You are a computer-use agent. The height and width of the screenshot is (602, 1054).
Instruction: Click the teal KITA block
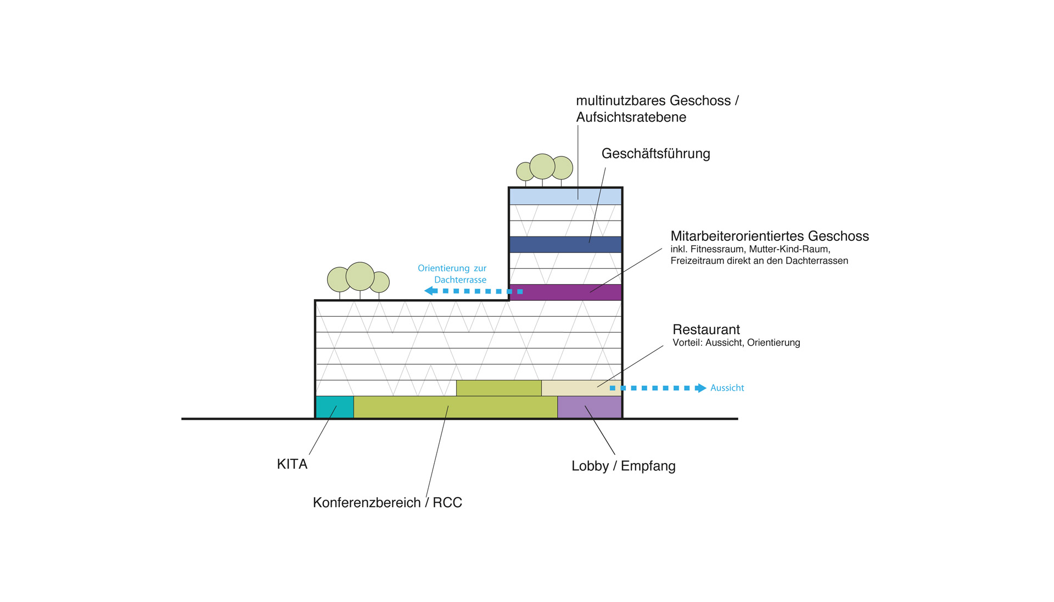point(334,407)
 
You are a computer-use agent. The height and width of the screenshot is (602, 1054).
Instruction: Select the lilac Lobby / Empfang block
point(589,407)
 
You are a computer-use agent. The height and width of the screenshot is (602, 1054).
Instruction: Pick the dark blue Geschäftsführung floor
point(565,244)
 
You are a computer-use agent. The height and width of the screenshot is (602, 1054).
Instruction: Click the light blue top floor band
point(565,196)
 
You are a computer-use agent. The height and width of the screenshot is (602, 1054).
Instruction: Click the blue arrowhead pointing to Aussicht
point(700,388)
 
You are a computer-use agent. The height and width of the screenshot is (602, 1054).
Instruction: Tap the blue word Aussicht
point(727,388)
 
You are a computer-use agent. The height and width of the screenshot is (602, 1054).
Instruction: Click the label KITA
point(292,464)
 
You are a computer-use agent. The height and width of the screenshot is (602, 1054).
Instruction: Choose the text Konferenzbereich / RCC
point(387,503)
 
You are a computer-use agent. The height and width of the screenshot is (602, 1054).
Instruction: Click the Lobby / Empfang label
point(623,466)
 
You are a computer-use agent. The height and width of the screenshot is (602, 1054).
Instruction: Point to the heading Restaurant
point(706,329)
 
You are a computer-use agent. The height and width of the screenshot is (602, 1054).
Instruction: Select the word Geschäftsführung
point(655,154)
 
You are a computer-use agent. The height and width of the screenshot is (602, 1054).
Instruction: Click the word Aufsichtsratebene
point(631,117)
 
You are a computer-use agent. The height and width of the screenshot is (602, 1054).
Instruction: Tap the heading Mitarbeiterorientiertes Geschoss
point(769,236)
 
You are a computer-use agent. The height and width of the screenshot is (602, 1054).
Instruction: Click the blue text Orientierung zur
point(452,268)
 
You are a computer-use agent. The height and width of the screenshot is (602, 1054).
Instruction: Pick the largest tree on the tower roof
point(542,166)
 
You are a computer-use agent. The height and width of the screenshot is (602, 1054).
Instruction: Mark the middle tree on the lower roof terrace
point(360,276)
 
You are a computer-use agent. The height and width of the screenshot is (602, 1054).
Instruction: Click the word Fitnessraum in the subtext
point(717,249)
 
